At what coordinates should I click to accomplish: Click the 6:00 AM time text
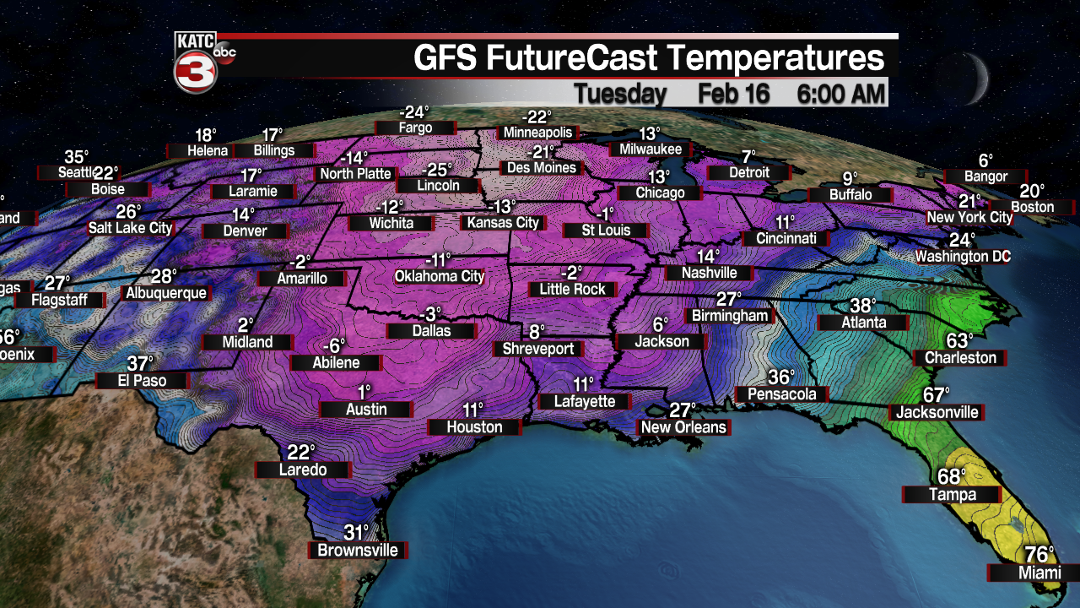[x=841, y=94]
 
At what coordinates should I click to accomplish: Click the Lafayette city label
[x=585, y=402]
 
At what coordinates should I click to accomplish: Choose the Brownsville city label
[x=358, y=551]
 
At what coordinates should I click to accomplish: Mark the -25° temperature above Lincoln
[x=438, y=168]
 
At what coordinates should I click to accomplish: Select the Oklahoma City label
[x=440, y=276]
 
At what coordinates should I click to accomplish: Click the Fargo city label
[x=415, y=128]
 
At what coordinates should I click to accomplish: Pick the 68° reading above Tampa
[x=951, y=477]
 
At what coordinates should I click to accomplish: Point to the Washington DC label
[x=963, y=256]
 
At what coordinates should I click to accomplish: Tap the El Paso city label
[x=142, y=381]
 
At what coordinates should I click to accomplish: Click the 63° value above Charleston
[x=959, y=340]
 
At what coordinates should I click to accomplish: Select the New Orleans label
[x=683, y=427]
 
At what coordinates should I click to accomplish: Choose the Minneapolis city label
[x=537, y=133]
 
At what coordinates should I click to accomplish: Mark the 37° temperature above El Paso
[x=140, y=364]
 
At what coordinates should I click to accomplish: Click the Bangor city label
[x=985, y=176]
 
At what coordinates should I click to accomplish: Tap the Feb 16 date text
[x=734, y=94]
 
